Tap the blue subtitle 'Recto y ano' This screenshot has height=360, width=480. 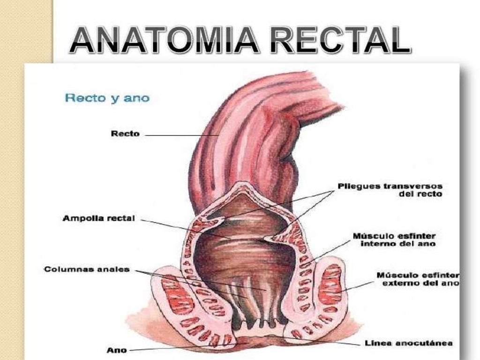tap(107, 98)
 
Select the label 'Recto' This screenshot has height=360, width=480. tap(125, 134)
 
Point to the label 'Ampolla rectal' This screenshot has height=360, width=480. tap(99, 218)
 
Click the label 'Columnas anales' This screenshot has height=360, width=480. tap(87, 270)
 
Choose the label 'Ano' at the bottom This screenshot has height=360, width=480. tap(116, 349)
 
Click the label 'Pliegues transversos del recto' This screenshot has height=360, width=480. tap(390, 189)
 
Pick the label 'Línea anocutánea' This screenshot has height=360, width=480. tap(408, 343)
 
